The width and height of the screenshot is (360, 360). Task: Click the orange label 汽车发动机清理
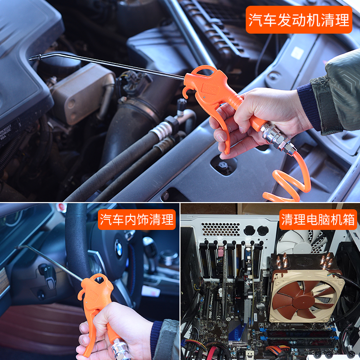pos(299,20)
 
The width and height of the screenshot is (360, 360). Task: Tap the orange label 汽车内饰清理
pos(137,219)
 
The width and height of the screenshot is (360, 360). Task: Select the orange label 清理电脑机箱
pos(318,219)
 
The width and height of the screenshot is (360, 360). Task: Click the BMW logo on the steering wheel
pos(119,248)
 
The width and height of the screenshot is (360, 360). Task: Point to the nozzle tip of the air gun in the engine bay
pos(30,59)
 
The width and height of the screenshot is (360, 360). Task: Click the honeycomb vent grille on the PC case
pos(220,229)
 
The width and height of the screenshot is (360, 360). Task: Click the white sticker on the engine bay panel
pos(297,53)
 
